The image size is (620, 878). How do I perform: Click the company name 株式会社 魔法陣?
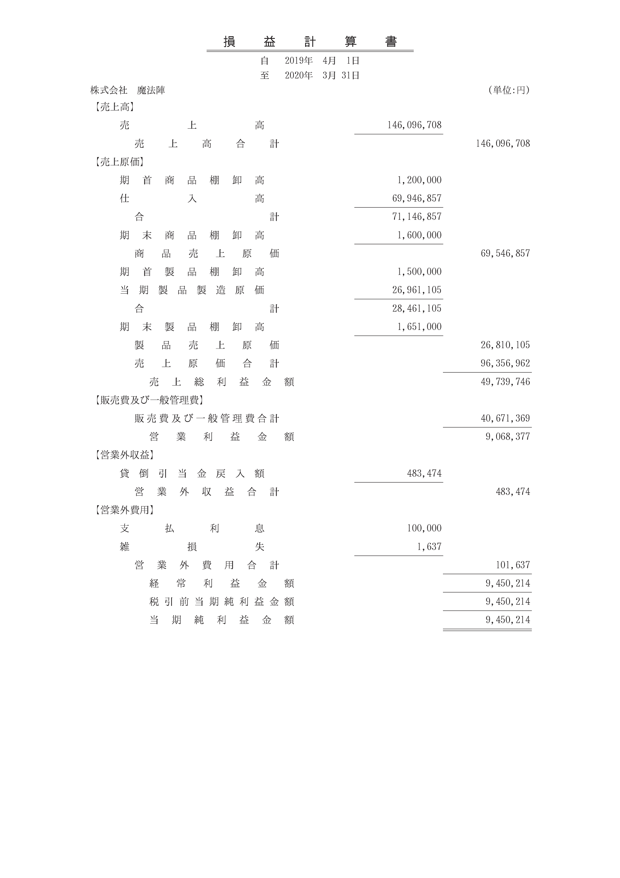pyautogui.click(x=128, y=90)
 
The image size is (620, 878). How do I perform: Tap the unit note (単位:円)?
pyautogui.click(x=508, y=90)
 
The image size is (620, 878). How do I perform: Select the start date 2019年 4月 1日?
pyautogui.click(x=322, y=61)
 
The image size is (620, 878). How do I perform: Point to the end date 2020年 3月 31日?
pyautogui.click(x=322, y=76)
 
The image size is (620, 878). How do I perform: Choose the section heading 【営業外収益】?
pyautogui.click(x=122, y=455)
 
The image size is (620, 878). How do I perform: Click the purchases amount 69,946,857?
pyautogui.click(x=416, y=198)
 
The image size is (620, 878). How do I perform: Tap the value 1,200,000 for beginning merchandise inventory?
pyautogui.click(x=419, y=180)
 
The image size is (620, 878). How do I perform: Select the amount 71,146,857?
pyautogui.click(x=416, y=217)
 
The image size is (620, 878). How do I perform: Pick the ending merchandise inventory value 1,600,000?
pyautogui.click(x=419, y=235)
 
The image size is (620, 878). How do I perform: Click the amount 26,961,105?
pyautogui.click(x=416, y=290)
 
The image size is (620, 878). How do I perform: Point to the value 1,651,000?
pyautogui.click(x=419, y=327)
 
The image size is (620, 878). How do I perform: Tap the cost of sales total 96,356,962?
pyautogui.click(x=505, y=364)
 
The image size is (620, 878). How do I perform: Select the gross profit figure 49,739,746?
pyautogui.click(x=505, y=382)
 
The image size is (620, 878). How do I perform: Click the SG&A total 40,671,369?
pyautogui.click(x=505, y=419)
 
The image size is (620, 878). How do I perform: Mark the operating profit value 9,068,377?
pyautogui.click(x=507, y=437)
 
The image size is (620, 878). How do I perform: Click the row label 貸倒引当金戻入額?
pyautogui.click(x=192, y=474)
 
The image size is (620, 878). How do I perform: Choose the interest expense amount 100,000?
pyautogui.click(x=424, y=529)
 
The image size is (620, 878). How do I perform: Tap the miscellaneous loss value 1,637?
pyautogui.click(x=429, y=547)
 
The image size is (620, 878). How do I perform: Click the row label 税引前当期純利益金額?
pyautogui.click(x=222, y=602)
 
